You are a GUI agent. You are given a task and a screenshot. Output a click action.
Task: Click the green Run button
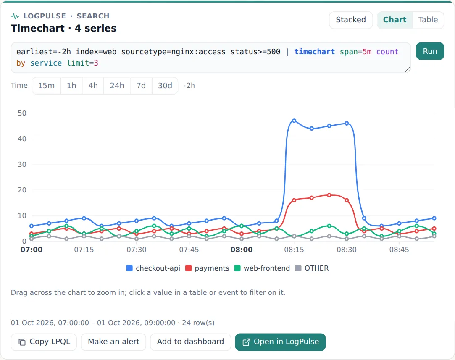(430, 51)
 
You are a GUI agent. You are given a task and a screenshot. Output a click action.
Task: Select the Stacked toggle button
(350, 20)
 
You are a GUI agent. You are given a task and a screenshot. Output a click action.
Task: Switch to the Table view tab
(428, 20)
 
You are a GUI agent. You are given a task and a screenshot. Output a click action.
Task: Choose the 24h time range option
(117, 86)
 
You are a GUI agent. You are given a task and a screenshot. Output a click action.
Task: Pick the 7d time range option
(141, 86)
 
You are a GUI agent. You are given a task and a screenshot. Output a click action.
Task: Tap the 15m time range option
(46, 86)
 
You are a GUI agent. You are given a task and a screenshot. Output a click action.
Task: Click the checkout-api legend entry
(153, 268)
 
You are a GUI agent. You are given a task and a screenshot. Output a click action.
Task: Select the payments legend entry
(207, 268)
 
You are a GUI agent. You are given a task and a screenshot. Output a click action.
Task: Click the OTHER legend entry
(312, 268)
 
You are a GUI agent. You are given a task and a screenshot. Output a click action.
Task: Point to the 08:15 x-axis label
(294, 250)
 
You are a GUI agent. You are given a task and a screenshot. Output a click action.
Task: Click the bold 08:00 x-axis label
(242, 250)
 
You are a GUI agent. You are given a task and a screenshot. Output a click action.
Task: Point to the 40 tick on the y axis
(22, 139)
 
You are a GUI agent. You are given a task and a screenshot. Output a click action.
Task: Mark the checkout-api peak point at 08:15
(294, 121)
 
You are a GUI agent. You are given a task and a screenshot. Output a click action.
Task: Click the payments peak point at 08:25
(329, 195)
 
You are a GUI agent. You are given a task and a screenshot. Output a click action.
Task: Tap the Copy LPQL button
(44, 342)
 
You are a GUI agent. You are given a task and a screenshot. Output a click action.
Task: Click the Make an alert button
(113, 342)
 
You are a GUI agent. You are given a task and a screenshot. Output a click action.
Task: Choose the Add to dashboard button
(190, 342)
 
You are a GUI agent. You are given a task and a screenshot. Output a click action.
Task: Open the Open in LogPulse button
(280, 342)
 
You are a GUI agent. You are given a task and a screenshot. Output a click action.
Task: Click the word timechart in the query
(314, 52)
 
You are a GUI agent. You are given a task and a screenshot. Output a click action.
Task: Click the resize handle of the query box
(407, 70)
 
